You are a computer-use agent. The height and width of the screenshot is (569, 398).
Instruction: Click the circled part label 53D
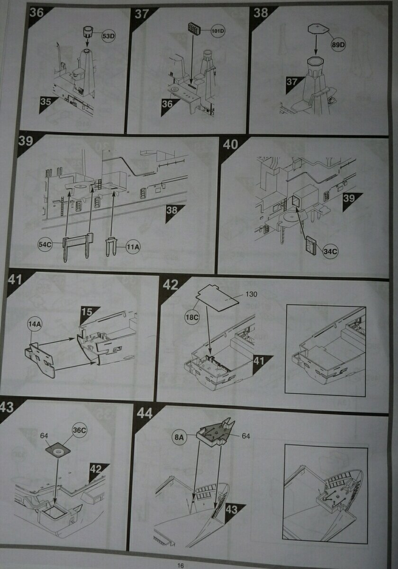point(109,36)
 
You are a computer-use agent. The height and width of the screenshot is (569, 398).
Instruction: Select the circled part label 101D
point(218,31)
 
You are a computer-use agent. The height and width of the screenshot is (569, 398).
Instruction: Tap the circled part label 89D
point(338,45)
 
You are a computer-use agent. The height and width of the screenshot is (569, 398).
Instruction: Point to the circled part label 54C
point(45,244)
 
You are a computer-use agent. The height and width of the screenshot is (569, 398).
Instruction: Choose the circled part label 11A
point(133,247)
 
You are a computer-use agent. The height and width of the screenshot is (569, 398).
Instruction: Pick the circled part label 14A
point(35,324)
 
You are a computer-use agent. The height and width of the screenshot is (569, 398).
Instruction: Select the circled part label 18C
point(192,317)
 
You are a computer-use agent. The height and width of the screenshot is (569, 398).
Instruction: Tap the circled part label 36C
point(80,431)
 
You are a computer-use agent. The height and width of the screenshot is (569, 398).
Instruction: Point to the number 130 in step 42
point(251,294)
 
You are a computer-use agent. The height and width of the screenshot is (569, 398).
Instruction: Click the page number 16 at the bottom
point(181,563)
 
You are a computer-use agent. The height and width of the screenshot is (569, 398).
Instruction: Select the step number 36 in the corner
point(36,12)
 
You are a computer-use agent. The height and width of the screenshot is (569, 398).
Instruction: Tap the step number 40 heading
point(230,144)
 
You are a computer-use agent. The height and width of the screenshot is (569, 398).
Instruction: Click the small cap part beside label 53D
point(87,33)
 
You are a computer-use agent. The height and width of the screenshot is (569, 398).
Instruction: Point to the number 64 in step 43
point(44,435)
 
